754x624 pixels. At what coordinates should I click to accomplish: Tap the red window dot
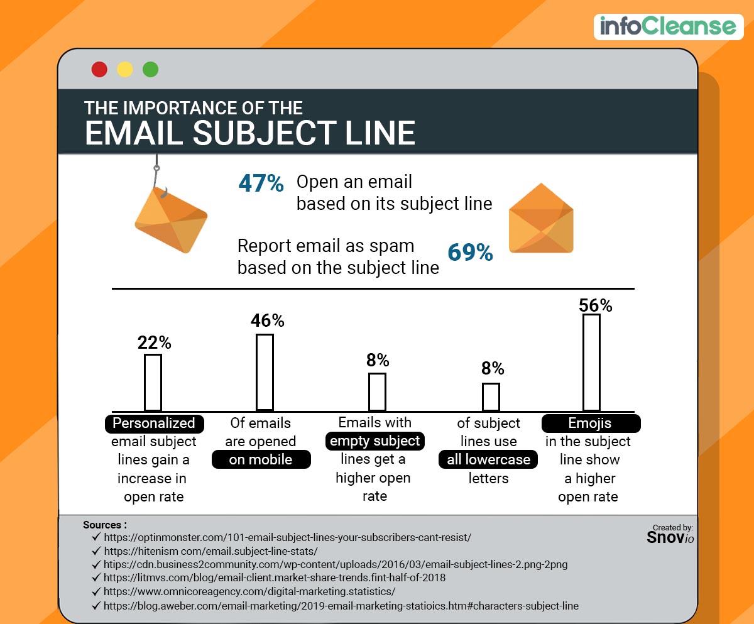click(x=99, y=69)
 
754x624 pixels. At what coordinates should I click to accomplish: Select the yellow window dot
click(x=125, y=69)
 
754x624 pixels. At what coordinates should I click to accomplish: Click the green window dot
click(x=151, y=69)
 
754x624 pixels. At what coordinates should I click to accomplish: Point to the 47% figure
click(x=261, y=183)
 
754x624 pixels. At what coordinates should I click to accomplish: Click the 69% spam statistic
click(x=470, y=253)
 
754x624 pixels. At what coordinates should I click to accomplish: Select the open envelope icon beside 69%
click(x=540, y=219)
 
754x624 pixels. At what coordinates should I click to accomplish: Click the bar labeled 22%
click(x=153, y=382)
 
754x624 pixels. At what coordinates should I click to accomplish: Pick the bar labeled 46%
click(x=265, y=372)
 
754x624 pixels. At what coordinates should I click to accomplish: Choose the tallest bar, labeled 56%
click(x=591, y=362)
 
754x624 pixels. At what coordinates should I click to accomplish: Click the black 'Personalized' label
click(x=154, y=424)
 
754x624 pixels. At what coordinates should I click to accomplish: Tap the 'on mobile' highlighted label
click(x=261, y=459)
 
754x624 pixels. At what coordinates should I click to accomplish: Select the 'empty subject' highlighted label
click(x=374, y=441)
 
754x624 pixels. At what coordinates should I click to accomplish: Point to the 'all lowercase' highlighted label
click(x=488, y=460)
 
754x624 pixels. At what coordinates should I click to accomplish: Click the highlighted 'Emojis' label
click(x=591, y=424)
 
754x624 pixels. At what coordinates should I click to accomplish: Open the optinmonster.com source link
click(x=287, y=538)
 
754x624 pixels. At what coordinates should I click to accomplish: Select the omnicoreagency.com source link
click(x=249, y=592)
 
